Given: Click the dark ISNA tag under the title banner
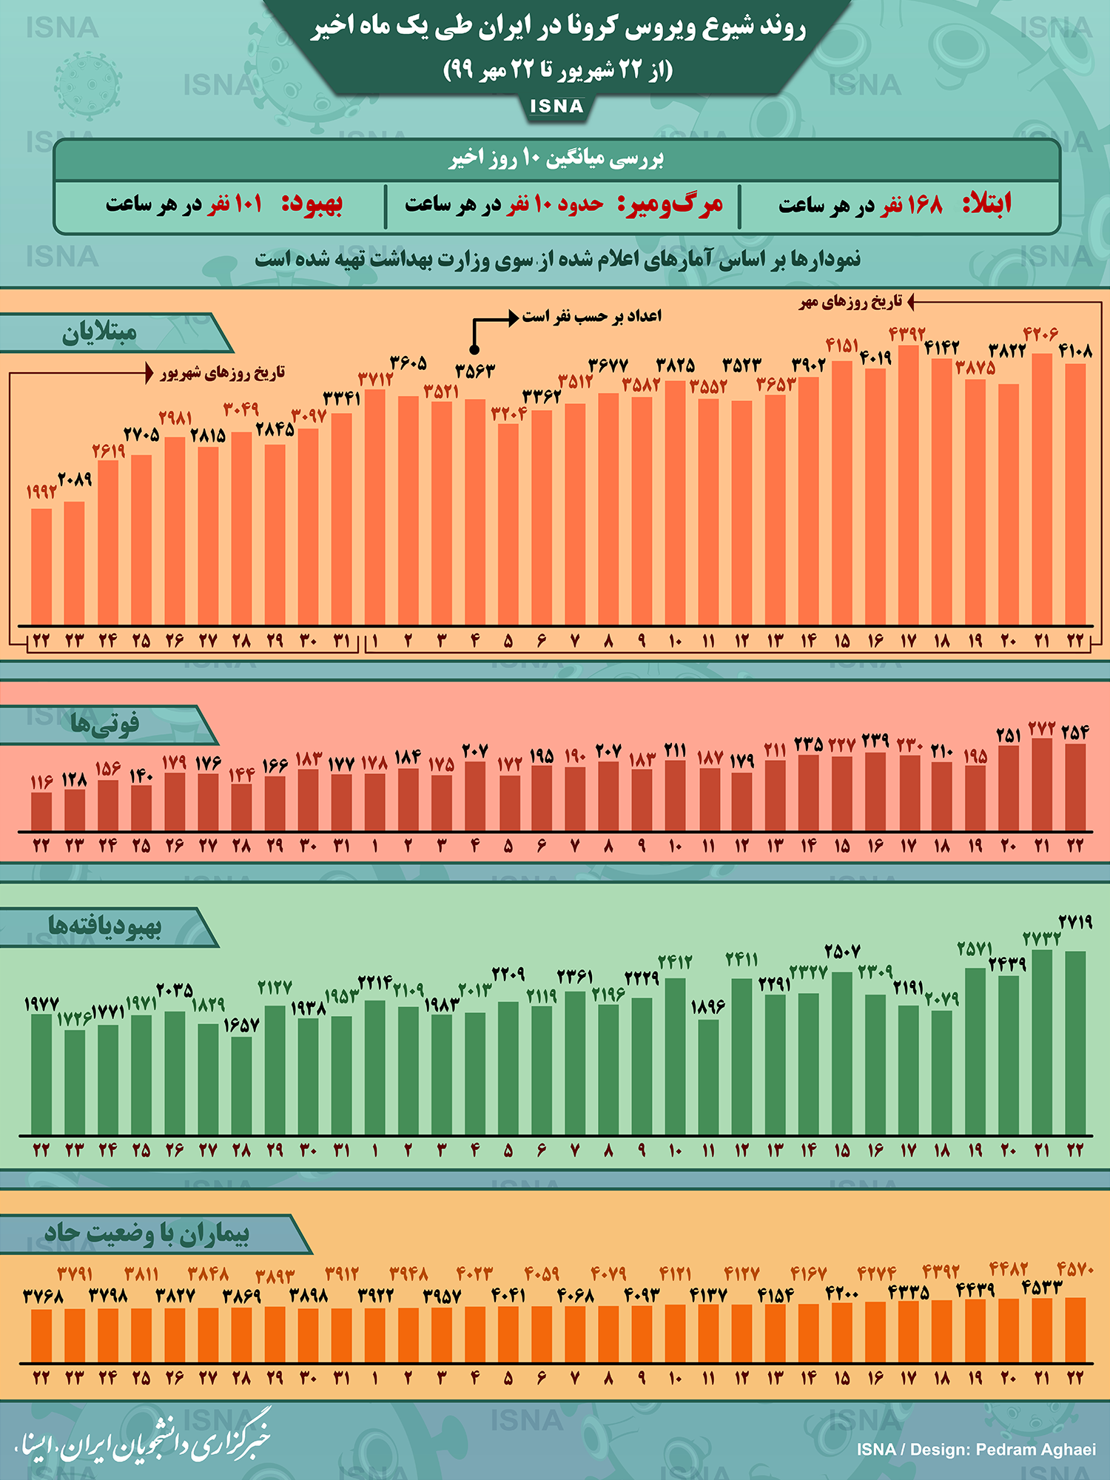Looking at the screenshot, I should [556, 107].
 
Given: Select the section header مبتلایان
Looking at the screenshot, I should [100, 333].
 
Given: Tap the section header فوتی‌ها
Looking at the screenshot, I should [104, 724].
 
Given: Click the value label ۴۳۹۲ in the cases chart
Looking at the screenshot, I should [907, 334].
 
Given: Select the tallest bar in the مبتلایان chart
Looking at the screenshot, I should [908, 485].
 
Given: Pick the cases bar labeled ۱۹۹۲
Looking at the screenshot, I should [41, 566].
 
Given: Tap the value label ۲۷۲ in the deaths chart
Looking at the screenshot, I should [1041, 729].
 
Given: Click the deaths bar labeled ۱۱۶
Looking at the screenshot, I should [41, 811].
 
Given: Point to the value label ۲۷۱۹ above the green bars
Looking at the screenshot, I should [1075, 922].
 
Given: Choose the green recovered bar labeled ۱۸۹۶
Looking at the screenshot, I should [708, 1077].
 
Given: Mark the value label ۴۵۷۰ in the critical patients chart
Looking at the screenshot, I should [1075, 1269].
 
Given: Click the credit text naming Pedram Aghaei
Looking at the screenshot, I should [976, 1449].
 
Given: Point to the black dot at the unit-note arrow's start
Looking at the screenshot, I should [474, 349].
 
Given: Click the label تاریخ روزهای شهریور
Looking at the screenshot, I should [222, 372].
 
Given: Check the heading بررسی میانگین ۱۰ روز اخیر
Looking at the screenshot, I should [556, 158].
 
